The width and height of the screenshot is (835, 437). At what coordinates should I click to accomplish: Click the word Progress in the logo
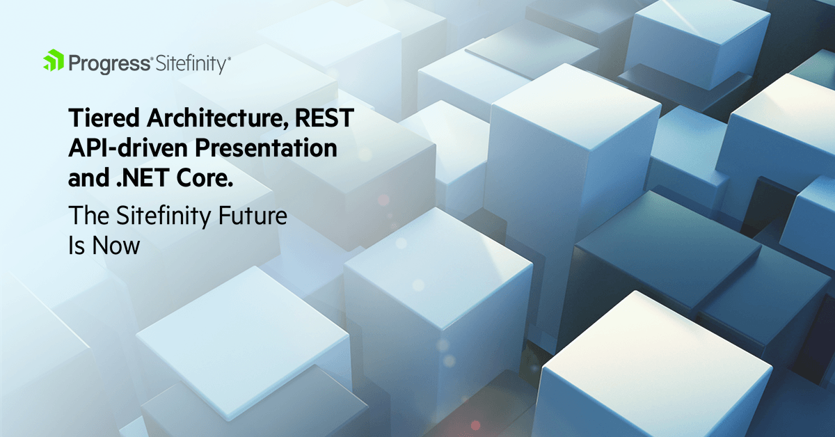point(109,64)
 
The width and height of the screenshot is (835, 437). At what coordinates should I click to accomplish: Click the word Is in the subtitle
point(75,246)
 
